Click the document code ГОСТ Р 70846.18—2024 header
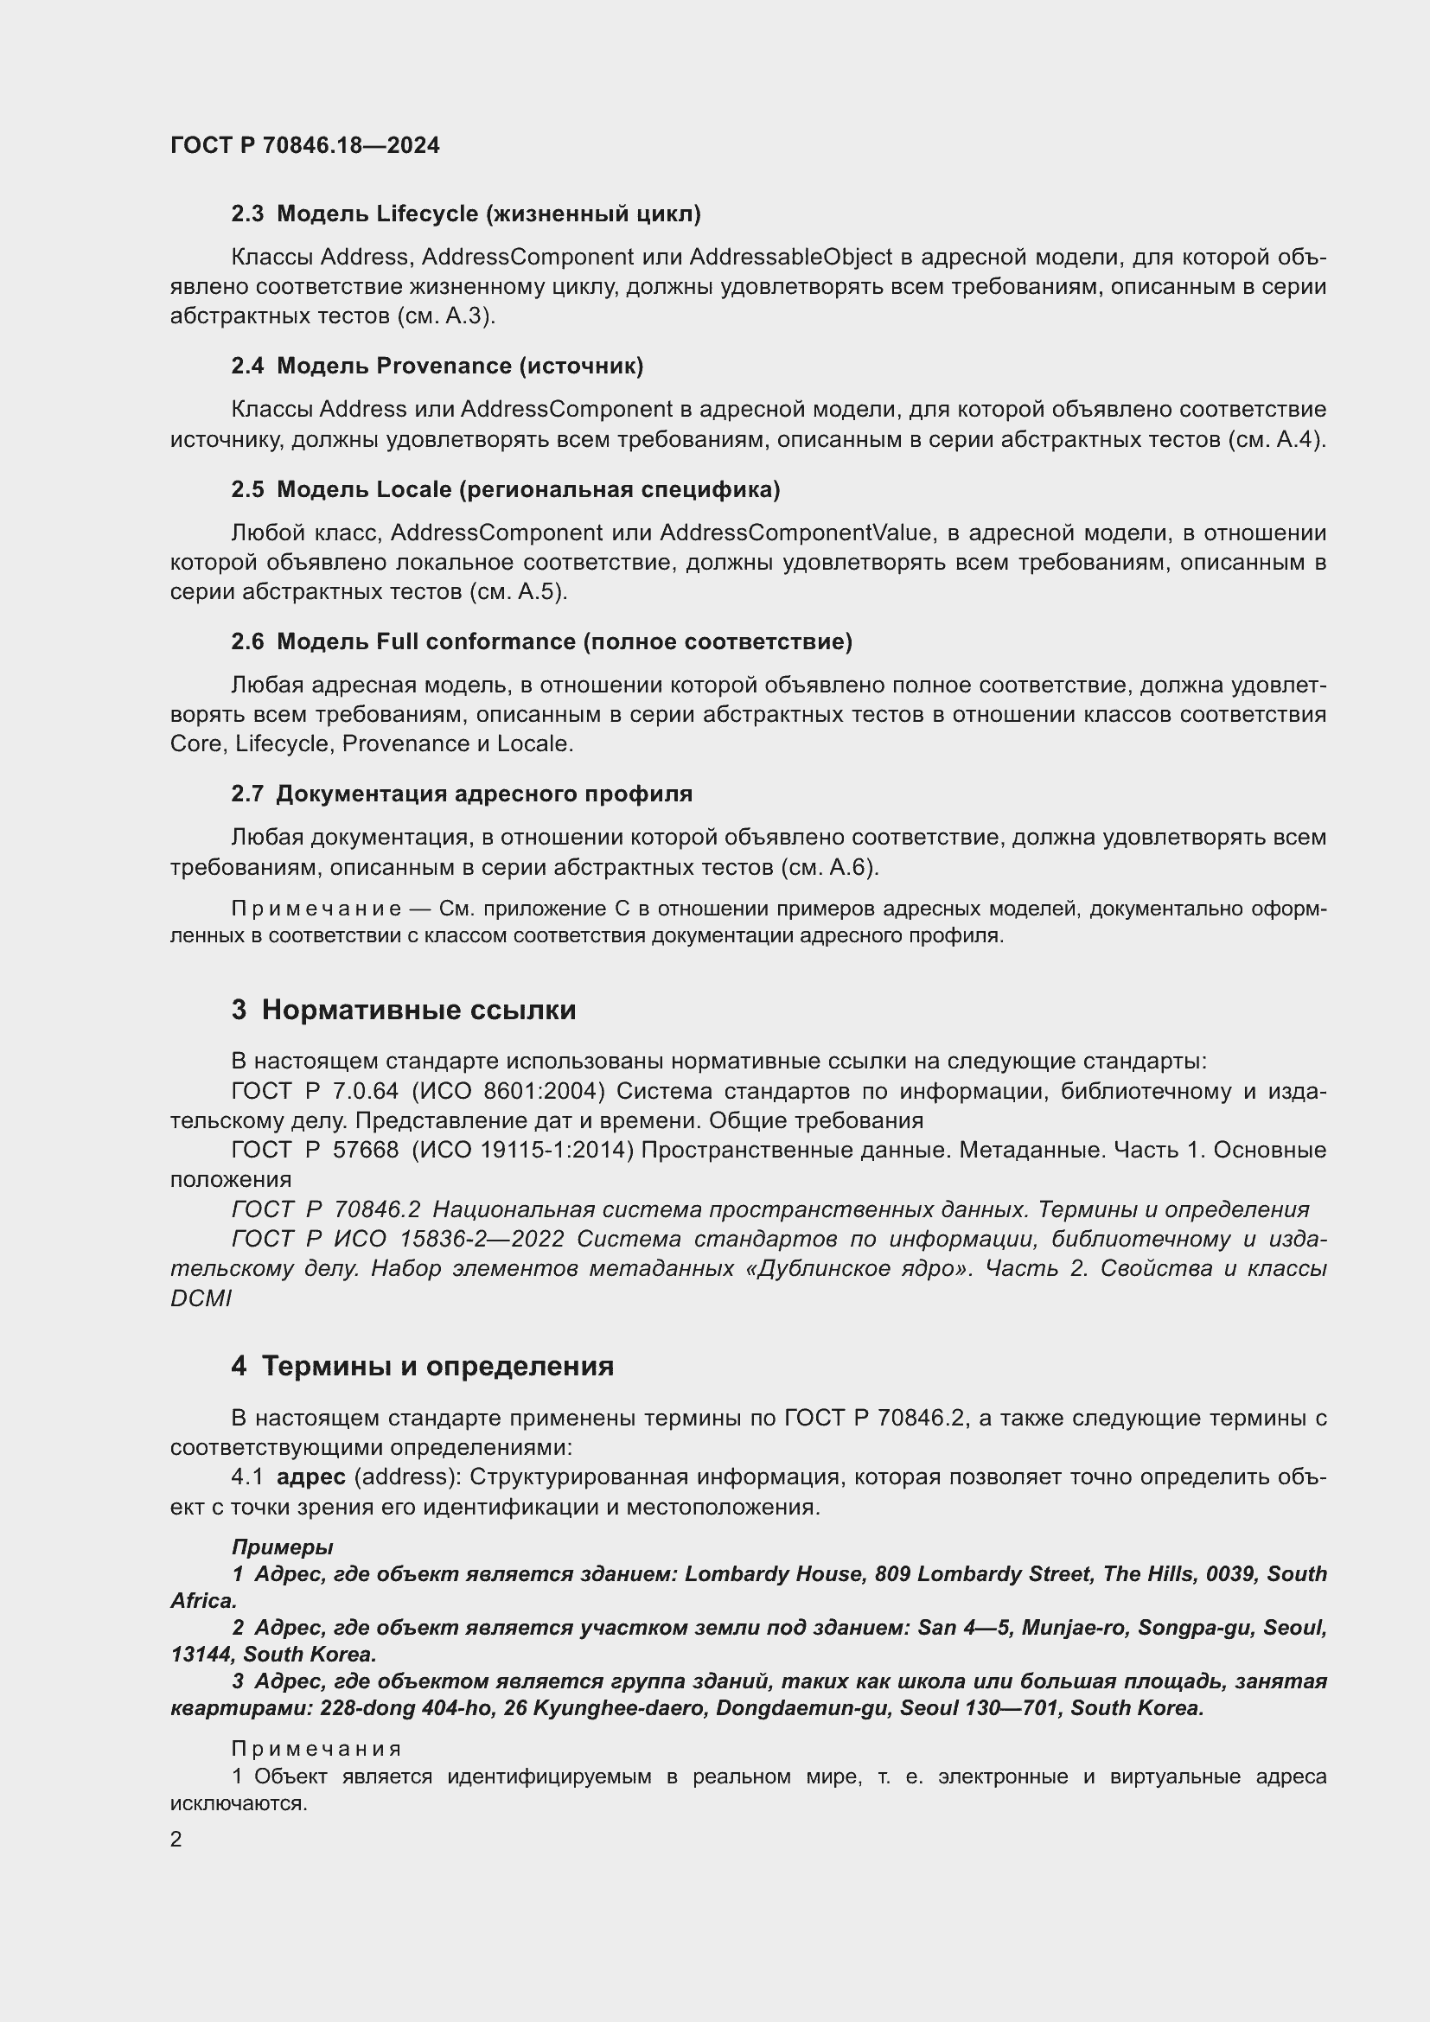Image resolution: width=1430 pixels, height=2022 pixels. [304, 145]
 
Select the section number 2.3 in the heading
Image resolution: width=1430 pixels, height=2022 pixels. [246, 214]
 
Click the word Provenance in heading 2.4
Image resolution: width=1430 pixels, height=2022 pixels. [444, 367]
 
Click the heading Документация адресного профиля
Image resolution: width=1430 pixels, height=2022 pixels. [484, 794]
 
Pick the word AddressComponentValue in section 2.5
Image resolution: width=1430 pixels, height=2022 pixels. [795, 533]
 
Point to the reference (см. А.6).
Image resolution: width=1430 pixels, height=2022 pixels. [829, 867]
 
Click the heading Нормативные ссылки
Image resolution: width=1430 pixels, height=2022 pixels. [418, 1010]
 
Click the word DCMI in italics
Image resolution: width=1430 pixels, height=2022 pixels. [201, 1299]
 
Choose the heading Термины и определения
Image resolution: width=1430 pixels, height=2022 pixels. [437, 1366]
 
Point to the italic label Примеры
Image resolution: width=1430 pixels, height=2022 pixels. [282, 1547]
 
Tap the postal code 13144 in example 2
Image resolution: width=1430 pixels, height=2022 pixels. [201, 1654]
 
